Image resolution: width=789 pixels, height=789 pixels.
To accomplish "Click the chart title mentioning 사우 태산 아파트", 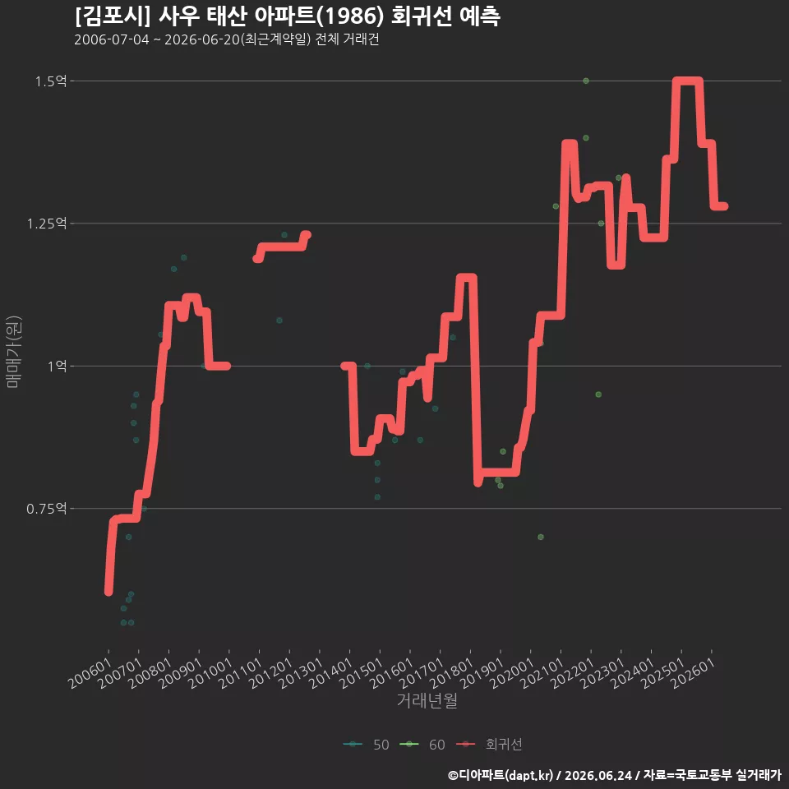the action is pyautogui.click(x=288, y=16).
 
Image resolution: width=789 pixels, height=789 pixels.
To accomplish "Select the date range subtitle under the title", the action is pyautogui.click(x=227, y=39).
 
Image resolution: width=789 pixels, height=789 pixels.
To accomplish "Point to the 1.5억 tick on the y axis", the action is pyautogui.click(x=51, y=81).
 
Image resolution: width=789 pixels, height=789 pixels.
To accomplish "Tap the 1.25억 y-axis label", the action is pyautogui.click(x=47, y=224).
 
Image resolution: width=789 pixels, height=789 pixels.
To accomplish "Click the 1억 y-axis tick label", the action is pyautogui.click(x=57, y=366).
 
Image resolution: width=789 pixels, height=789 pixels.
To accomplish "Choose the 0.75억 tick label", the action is pyautogui.click(x=47, y=509).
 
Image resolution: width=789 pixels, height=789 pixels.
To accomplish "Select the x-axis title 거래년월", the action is pyautogui.click(x=427, y=700).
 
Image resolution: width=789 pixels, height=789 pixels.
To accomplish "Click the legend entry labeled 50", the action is pyautogui.click(x=367, y=745).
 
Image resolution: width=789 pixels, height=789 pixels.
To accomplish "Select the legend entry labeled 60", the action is pyautogui.click(x=422, y=745).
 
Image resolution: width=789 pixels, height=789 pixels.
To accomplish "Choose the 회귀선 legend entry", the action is pyautogui.click(x=489, y=745).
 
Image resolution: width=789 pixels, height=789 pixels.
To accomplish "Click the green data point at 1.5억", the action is pyautogui.click(x=586, y=81).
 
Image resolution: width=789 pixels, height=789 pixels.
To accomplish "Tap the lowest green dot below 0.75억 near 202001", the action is pyautogui.click(x=541, y=537).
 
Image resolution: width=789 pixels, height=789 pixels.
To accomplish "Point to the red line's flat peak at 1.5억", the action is pyautogui.click(x=688, y=81).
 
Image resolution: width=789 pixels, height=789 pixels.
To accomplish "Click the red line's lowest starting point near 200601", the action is pyautogui.click(x=108, y=592).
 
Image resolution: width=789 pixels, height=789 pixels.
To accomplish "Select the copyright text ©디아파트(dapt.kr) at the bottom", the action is pyautogui.click(x=501, y=775).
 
